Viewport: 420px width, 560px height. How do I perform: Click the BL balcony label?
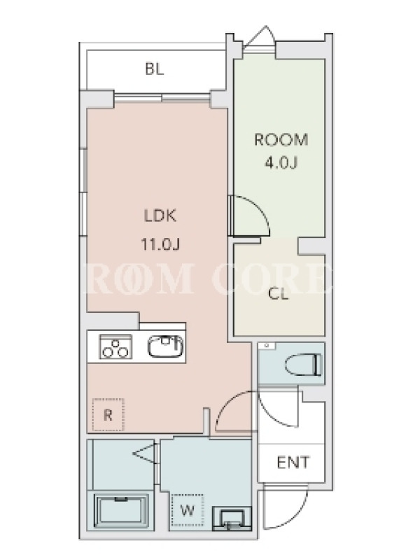(x=155, y=69)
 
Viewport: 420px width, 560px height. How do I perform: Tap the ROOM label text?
(x=281, y=139)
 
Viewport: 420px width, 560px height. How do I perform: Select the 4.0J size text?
(x=281, y=163)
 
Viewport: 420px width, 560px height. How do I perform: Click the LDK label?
(x=160, y=216)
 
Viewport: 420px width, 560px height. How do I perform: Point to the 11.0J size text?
(x=160, y=244)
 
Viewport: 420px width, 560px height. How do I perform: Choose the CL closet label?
(x=278, y=295)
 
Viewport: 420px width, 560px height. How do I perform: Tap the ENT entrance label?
(x=293, y=463)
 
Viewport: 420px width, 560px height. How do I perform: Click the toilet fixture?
(x=304, y=365)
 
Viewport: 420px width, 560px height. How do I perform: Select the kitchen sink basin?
(x=166, y=346)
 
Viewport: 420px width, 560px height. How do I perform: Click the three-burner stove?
(x=115, y=346)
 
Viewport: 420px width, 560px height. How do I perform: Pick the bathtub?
(x=121, y=512)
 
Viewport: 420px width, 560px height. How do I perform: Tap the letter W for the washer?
(x=187, y=511)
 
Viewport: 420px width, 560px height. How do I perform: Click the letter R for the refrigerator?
(x=108, y=415)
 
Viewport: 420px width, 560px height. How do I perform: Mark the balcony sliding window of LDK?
(x=162, y=97)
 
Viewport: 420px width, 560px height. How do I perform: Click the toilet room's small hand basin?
(x=267, y=346)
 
